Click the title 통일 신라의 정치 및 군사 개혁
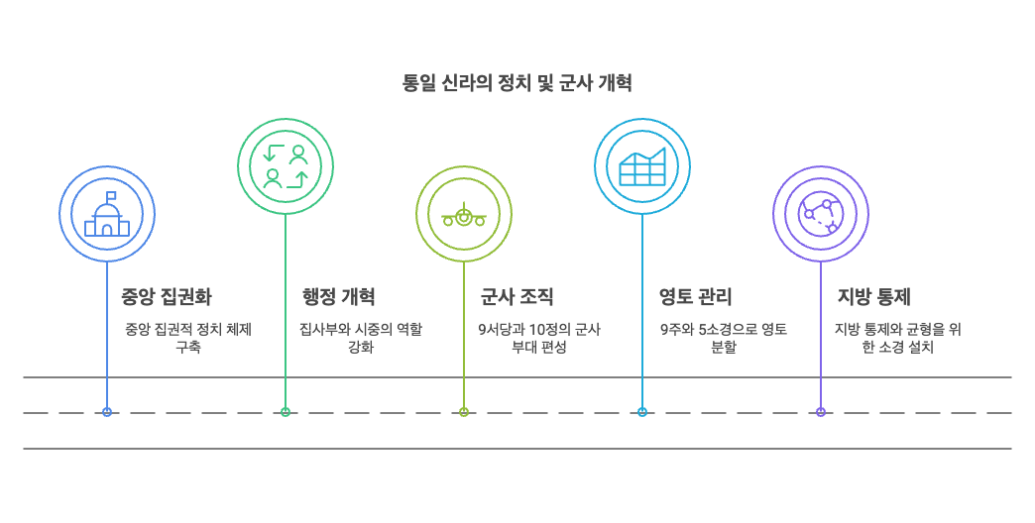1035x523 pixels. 517,83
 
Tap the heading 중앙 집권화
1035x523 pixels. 166,296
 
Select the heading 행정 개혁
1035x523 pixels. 338,296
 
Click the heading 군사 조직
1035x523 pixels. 517,296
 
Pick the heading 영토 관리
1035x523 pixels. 695,296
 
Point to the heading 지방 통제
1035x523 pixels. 873,296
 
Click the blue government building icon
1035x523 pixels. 107,214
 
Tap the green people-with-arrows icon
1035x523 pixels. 286,166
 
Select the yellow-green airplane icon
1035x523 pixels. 464,214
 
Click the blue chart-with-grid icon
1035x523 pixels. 642,166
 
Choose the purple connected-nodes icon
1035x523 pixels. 821,214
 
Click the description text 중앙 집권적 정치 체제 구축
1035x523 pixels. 187,338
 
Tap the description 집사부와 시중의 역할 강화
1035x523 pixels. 361,338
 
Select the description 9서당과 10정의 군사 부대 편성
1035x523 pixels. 539,338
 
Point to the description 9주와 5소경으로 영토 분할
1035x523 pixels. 724,338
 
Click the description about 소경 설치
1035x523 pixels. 897,338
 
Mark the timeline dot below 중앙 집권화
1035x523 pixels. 107,412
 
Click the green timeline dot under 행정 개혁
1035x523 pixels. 286,412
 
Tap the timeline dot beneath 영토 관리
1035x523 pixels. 642,412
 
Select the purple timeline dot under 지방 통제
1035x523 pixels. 821,412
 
